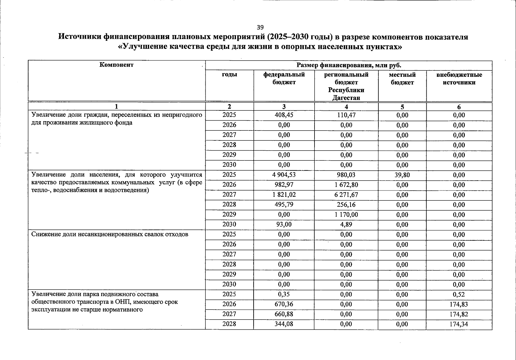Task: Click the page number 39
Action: click(x=260, y=27)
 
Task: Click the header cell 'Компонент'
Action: click(x=116, y=65)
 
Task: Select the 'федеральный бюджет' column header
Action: click(x=284, y=78)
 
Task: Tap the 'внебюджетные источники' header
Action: click(x=459, y=78)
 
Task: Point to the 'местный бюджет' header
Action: click(x=402, y=78)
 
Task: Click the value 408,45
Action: click(x=284, y=115)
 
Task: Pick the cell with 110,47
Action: click(x=346, y=115)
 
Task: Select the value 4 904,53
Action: click(x=284, y=175)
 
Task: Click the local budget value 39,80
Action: click(x=402, y=175)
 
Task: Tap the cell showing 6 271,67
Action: click(x=346, y=194)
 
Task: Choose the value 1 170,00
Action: click(x=346, y=214)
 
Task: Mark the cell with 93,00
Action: click(x=284, y=224)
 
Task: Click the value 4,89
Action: click(x=346, y=224)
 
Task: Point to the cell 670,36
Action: click(x=284, y=304)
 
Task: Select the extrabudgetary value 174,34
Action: click(x=459, y=324)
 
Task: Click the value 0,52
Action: click(x=459, y=294)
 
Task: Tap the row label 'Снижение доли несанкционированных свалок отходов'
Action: click(x=110, y=234)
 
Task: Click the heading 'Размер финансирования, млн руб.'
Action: click(x=349, y=65)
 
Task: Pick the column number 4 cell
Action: click(x=346, y=107)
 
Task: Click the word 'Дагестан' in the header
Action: click(x=346, y=98)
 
